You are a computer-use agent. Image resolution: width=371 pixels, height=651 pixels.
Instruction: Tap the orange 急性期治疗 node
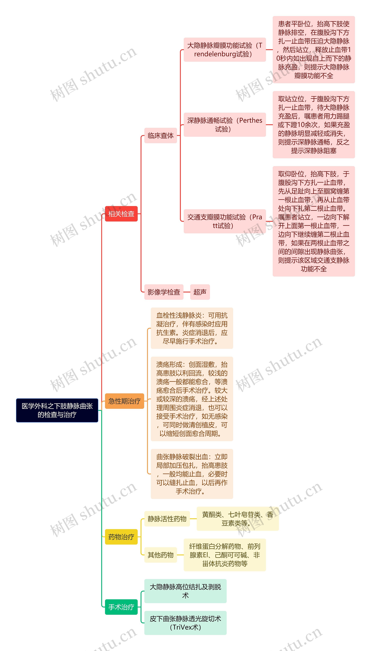(x=124, y=401)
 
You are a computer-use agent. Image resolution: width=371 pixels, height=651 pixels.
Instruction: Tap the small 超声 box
(x=200, y=292)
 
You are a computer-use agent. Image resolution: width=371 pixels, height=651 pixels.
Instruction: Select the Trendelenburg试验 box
(x=224, y=50)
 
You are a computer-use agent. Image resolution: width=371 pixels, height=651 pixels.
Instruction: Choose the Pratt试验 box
(x=224, y=221)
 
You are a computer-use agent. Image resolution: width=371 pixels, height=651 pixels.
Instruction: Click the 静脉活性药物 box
(x=167, y=519)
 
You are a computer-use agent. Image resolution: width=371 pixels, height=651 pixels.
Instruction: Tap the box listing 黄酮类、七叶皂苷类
(x=238, y=519)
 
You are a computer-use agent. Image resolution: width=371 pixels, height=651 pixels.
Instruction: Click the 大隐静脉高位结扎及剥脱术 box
(x=185, y=591)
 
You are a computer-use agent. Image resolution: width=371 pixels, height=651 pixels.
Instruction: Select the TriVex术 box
(x=185, y=623)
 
